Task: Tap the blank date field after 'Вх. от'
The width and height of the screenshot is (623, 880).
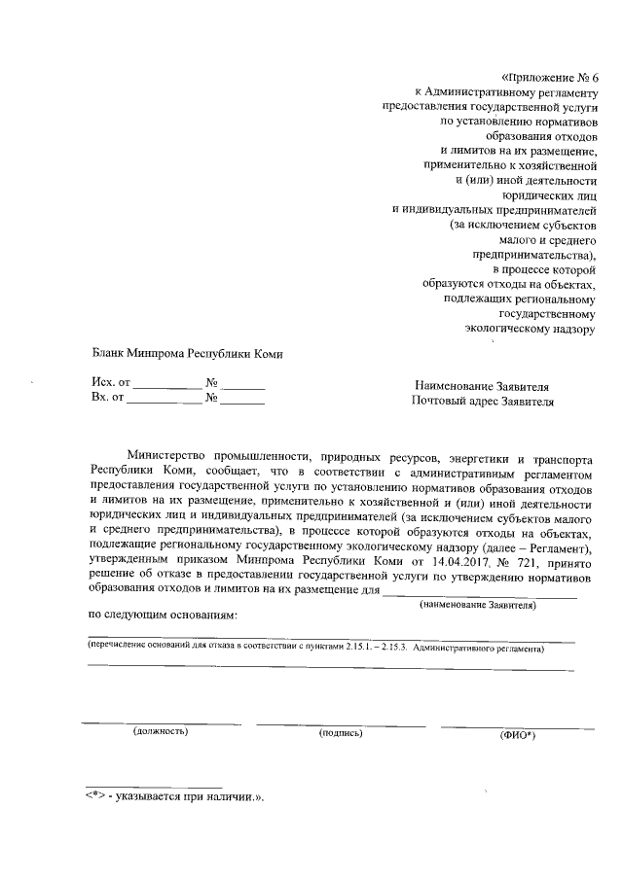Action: pyautogui.click(x=165, y=399)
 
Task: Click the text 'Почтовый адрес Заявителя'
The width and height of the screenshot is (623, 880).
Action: pyautogui.click(x=482, y=401)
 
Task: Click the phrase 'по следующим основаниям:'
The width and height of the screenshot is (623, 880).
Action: pyautogui.click(x=163, y=615)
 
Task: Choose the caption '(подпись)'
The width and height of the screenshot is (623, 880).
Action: pyautogui.click(x=341, y=731)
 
